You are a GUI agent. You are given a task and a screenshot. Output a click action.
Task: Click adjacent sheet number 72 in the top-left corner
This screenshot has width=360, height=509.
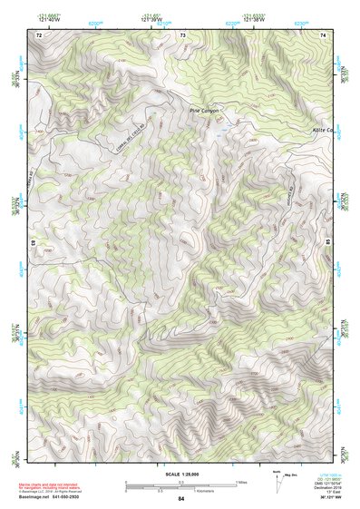38,34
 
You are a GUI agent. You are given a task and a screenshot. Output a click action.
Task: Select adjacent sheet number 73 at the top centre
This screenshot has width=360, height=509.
182,34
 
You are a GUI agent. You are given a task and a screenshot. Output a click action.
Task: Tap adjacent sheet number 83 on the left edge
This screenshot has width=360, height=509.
33,243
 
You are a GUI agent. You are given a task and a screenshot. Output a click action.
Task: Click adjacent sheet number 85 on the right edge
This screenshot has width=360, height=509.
328,243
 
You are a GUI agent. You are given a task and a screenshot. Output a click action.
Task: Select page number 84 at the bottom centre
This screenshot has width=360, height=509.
181,499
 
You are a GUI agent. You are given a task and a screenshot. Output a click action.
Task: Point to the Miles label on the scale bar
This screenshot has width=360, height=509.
242,481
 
